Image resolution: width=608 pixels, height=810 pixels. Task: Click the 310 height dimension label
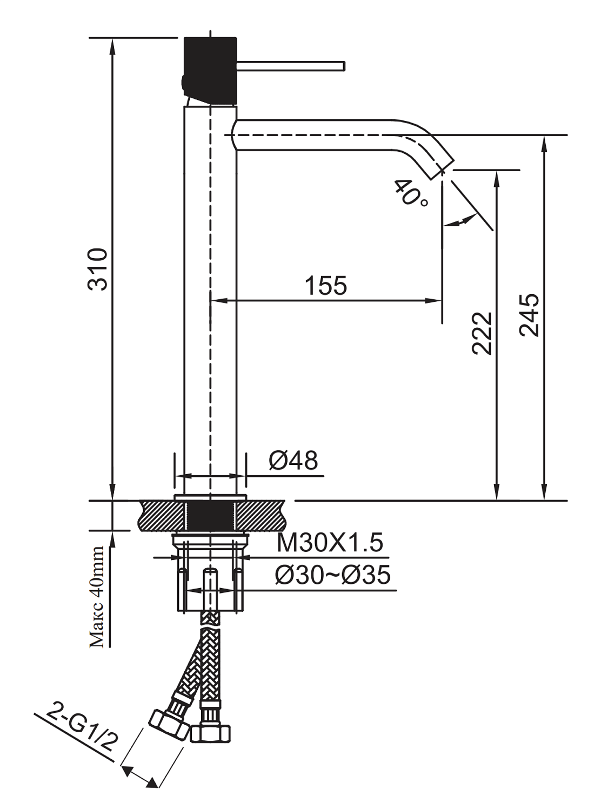(x=98, y=269)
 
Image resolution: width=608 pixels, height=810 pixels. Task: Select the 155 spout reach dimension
(x=325, y=285)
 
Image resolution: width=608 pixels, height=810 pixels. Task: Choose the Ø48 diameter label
(x=293, y=461)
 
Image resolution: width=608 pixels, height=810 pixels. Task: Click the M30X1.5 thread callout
(x=330, y=542)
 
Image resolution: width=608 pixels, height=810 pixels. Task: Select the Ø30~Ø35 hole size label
(x=332, y=575)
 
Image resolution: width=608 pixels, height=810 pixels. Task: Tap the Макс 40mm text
(x=97, y=597)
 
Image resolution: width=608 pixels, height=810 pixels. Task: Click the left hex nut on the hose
(x=168, y=725)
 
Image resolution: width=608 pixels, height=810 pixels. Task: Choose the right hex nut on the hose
(x=211, y=733)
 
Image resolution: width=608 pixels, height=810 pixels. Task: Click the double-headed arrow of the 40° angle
(x=459, y=220)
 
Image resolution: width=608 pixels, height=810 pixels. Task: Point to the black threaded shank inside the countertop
(x=210, y=516)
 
